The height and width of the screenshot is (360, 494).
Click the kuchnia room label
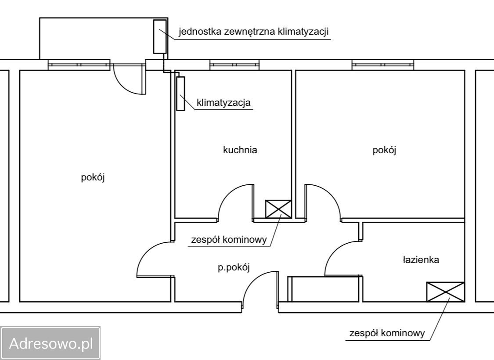tap(240, 150)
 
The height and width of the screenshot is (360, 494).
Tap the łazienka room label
tap(421, 259)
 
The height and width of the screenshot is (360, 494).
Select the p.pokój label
tap(234, 267)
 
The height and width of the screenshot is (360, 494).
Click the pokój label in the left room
tap(93, 177)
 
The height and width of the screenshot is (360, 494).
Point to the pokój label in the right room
tap(384, 150)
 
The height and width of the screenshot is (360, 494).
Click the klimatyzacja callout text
tap(224, 102)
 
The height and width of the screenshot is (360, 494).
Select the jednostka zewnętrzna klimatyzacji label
tap(254, 32)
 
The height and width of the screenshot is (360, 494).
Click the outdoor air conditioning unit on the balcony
tap(160, 36)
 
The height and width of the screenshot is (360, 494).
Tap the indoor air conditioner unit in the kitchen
tap(180, 94)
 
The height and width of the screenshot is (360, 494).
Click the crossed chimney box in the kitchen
tap(278, 209)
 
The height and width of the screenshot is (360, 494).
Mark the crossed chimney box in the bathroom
tap(446, 292)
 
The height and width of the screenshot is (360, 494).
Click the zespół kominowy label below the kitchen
tap(229, 240)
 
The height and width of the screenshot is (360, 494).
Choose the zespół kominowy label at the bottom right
tap(387, 333)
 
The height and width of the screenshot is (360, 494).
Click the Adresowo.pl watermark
tap(51, 343)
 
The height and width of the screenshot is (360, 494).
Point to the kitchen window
tap(234, 65)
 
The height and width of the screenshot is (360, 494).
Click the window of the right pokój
tap(383, 65)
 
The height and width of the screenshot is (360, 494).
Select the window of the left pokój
tap(79, 65)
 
